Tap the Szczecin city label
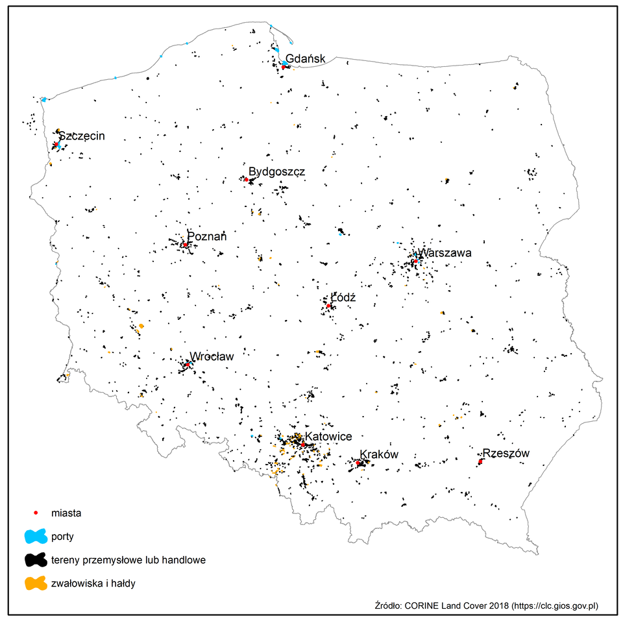click(x=81, y=136)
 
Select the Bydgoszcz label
click(x=276, y=171)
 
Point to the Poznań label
click(x=207, y=237)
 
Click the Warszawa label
click(x=445, y=253)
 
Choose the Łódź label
click(x=343, y=297)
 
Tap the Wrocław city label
click(x=211, y=356)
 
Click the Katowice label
click(x=328, y=437)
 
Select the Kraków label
click(x=378, y=454)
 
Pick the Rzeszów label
click(x=506, y=454)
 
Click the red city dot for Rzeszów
click(x=480, y=461)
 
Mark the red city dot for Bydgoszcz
click(x=247, y=179)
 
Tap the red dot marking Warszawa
click(x=415, y=261)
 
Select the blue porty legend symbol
click(x=36, y=537)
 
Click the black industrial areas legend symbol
click(x=36, y=559)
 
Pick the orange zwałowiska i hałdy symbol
click(x=36, y=583)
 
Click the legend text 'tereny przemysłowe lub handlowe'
click(x=128, y=559)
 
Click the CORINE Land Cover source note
click(x=486, y=605)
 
